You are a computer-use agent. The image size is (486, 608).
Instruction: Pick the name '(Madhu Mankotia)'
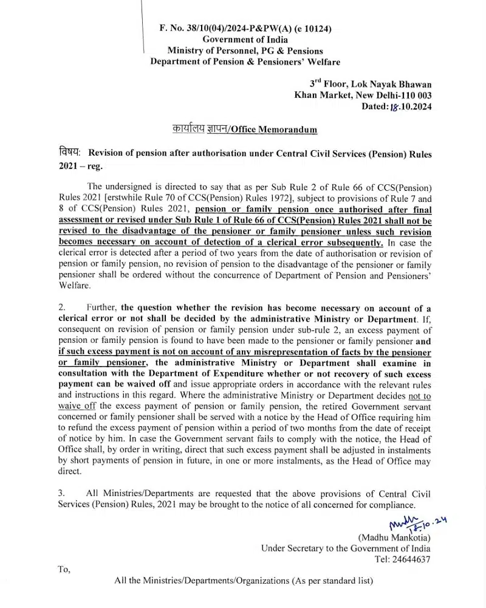[x=394, y=537]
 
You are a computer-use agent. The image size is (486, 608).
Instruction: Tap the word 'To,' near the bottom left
[x=64, y=570]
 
